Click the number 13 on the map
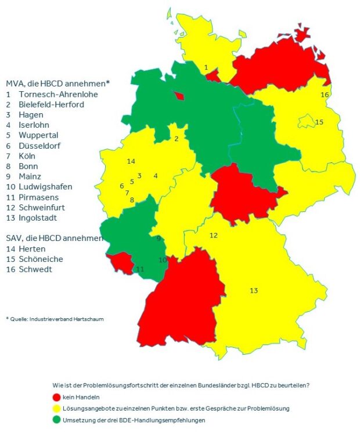254,290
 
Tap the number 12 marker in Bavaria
214,235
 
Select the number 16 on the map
325,95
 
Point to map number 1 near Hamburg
206,68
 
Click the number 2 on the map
176,139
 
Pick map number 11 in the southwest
140,269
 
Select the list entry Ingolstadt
41,218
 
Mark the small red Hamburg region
213,75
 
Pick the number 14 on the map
131,161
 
